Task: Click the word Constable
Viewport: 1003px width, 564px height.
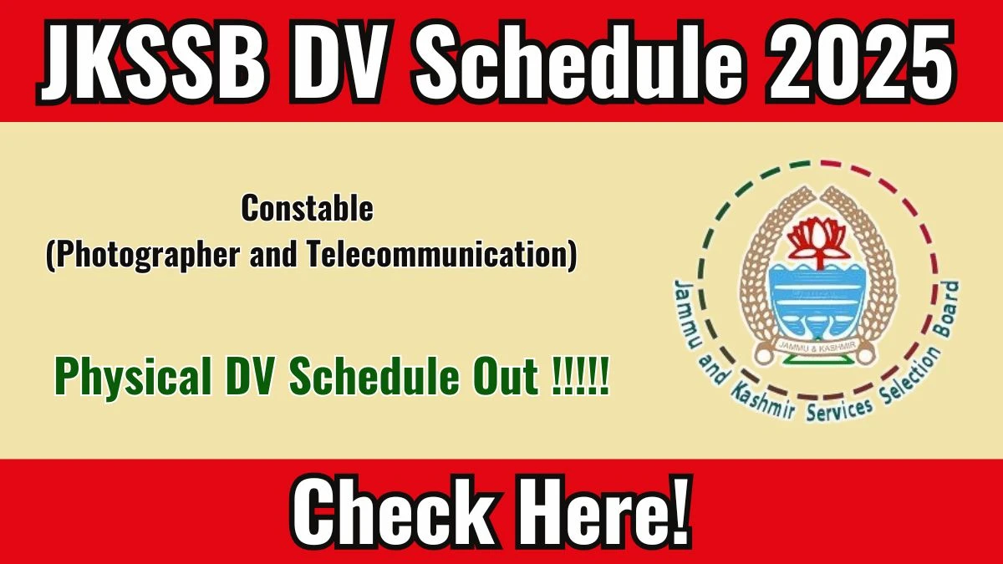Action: coord(307,209)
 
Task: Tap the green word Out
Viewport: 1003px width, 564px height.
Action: coord(501,380)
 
